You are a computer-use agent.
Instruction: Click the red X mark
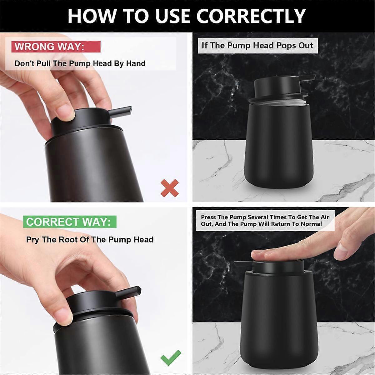tap(169, 188)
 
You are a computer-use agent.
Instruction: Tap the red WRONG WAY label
tap(49, 47)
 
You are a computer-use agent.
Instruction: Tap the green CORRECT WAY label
tap(68, 222)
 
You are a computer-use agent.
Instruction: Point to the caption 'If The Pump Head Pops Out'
tap(257, 45)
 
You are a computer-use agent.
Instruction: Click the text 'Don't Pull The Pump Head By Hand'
tap(80, 64)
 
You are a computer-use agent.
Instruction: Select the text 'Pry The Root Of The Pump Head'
tap(90, 240)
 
